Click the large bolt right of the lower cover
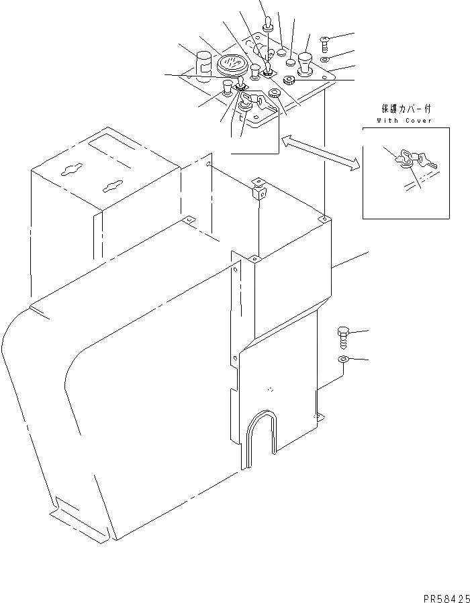tap(343, 336)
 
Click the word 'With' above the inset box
tap(388, 121)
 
